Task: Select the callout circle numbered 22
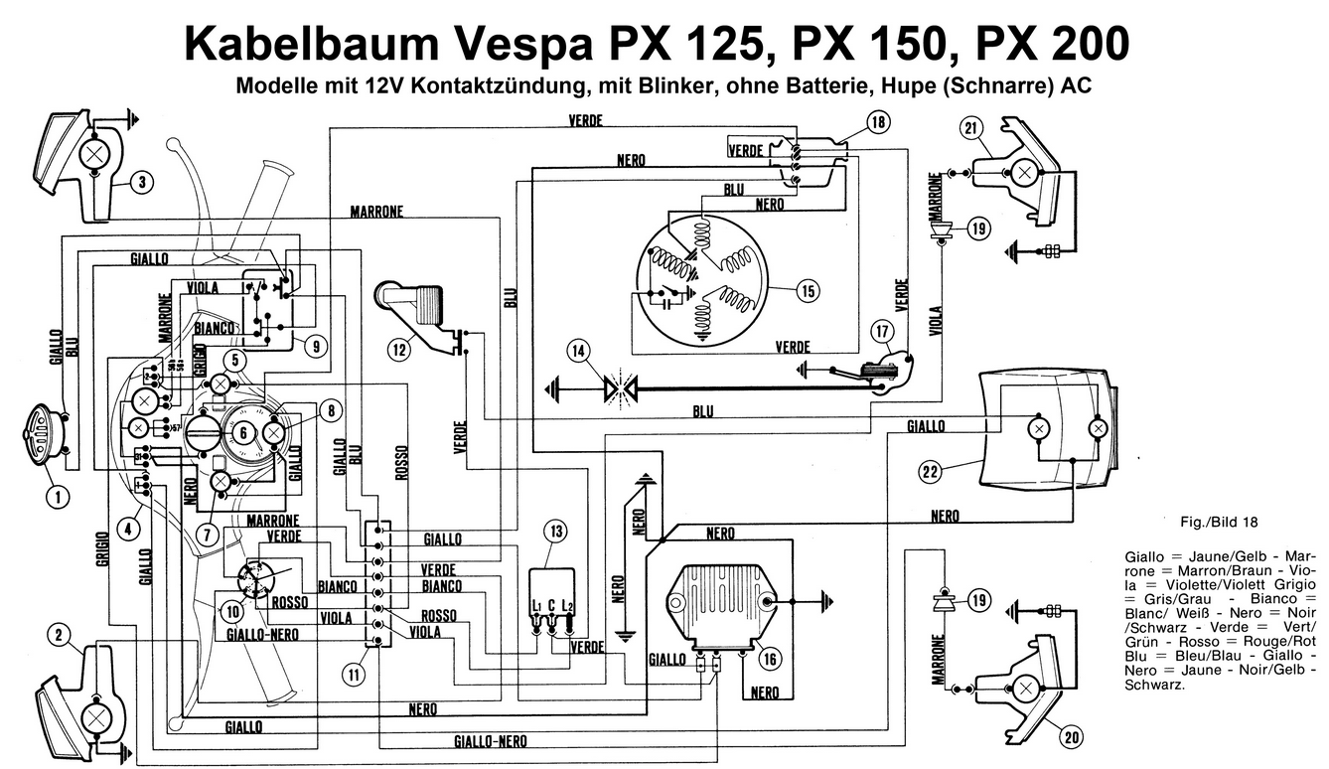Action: pos(929,472)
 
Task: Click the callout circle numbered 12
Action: pos(398,349)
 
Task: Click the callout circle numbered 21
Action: pos(970,128)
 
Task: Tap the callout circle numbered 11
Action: pos(354,675)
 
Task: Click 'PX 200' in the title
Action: pos(1051,44)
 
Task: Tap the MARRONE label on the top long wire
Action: pos(375,212)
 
